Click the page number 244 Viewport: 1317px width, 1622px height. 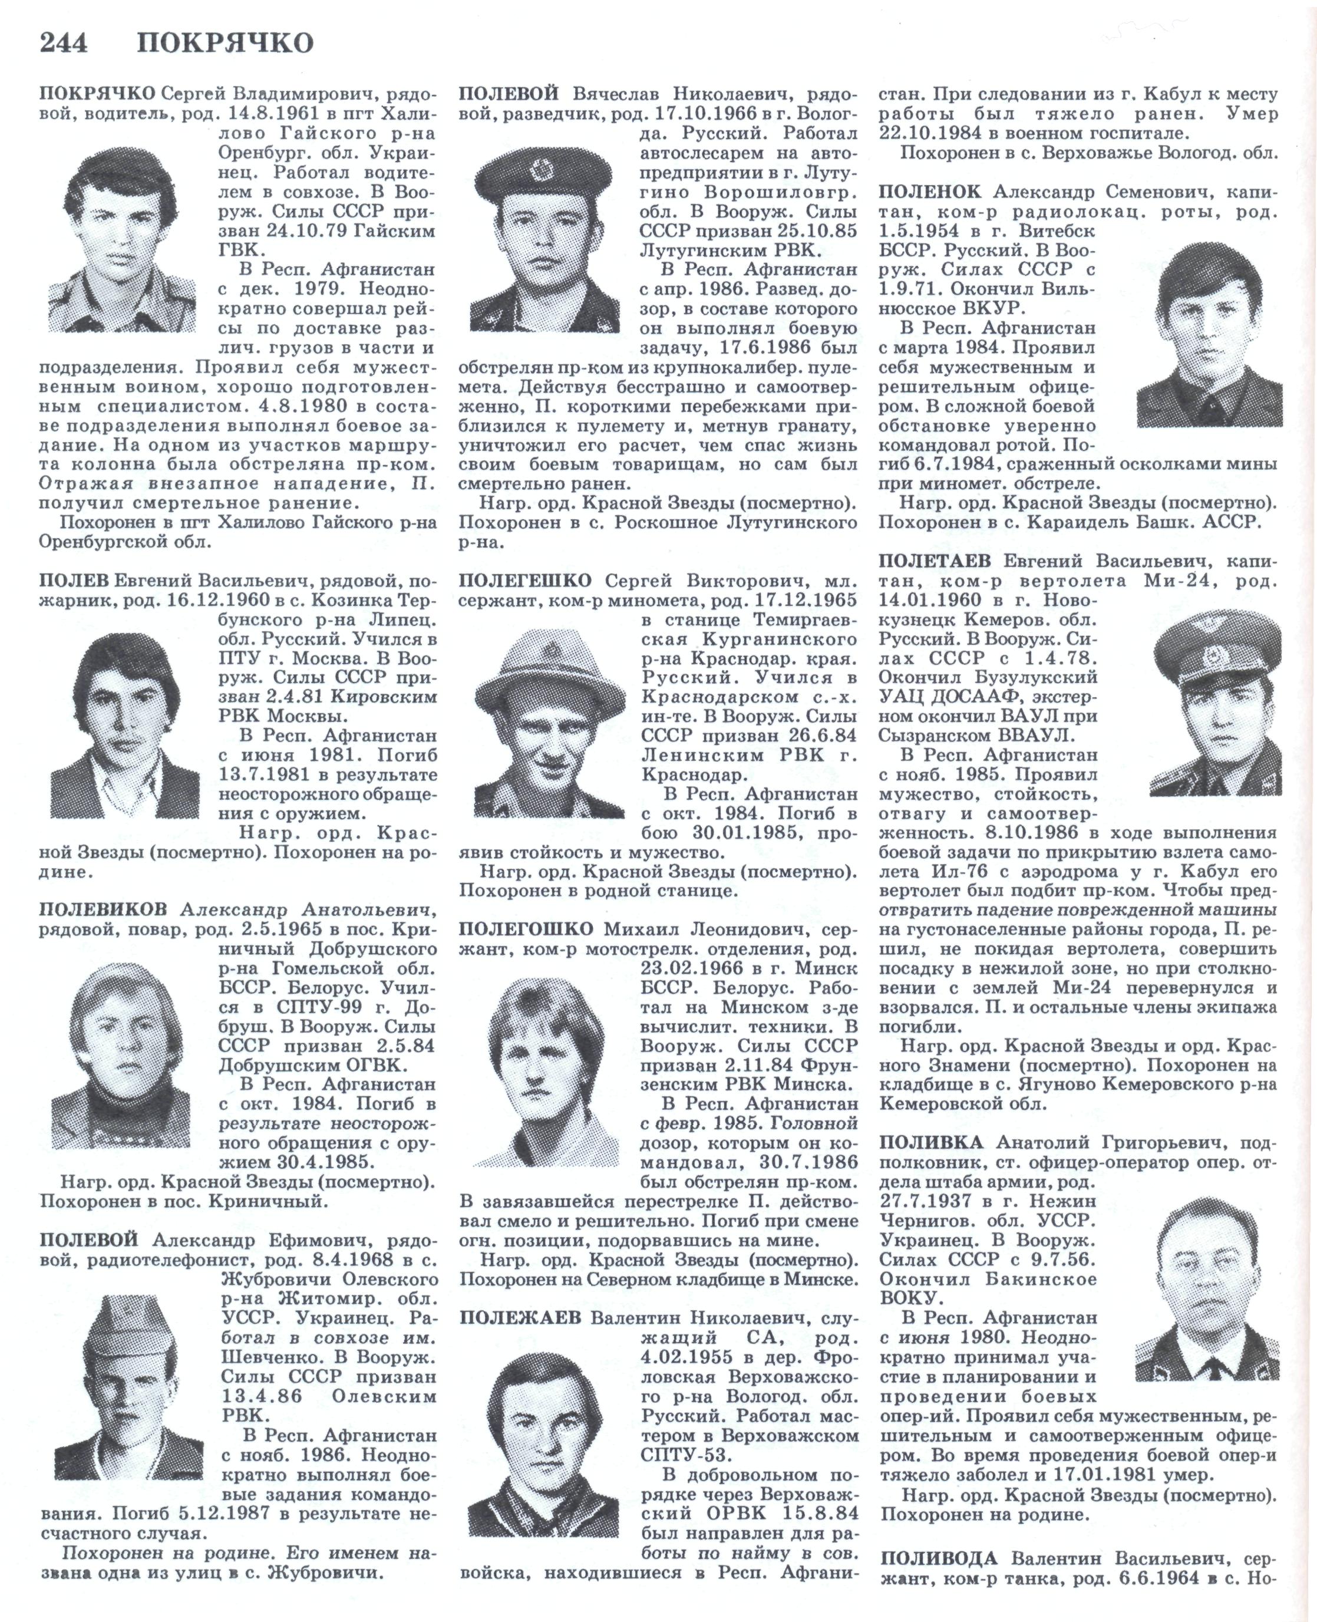point(64,43)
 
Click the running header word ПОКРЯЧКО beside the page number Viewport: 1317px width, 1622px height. point(225,43)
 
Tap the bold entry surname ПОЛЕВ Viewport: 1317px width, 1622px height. point(74,581)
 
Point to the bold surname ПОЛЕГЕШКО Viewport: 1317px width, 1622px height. point(525,581)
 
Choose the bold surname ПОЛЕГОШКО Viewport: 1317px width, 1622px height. point(526,929)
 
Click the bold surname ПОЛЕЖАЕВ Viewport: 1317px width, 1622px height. point(520,1318)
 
